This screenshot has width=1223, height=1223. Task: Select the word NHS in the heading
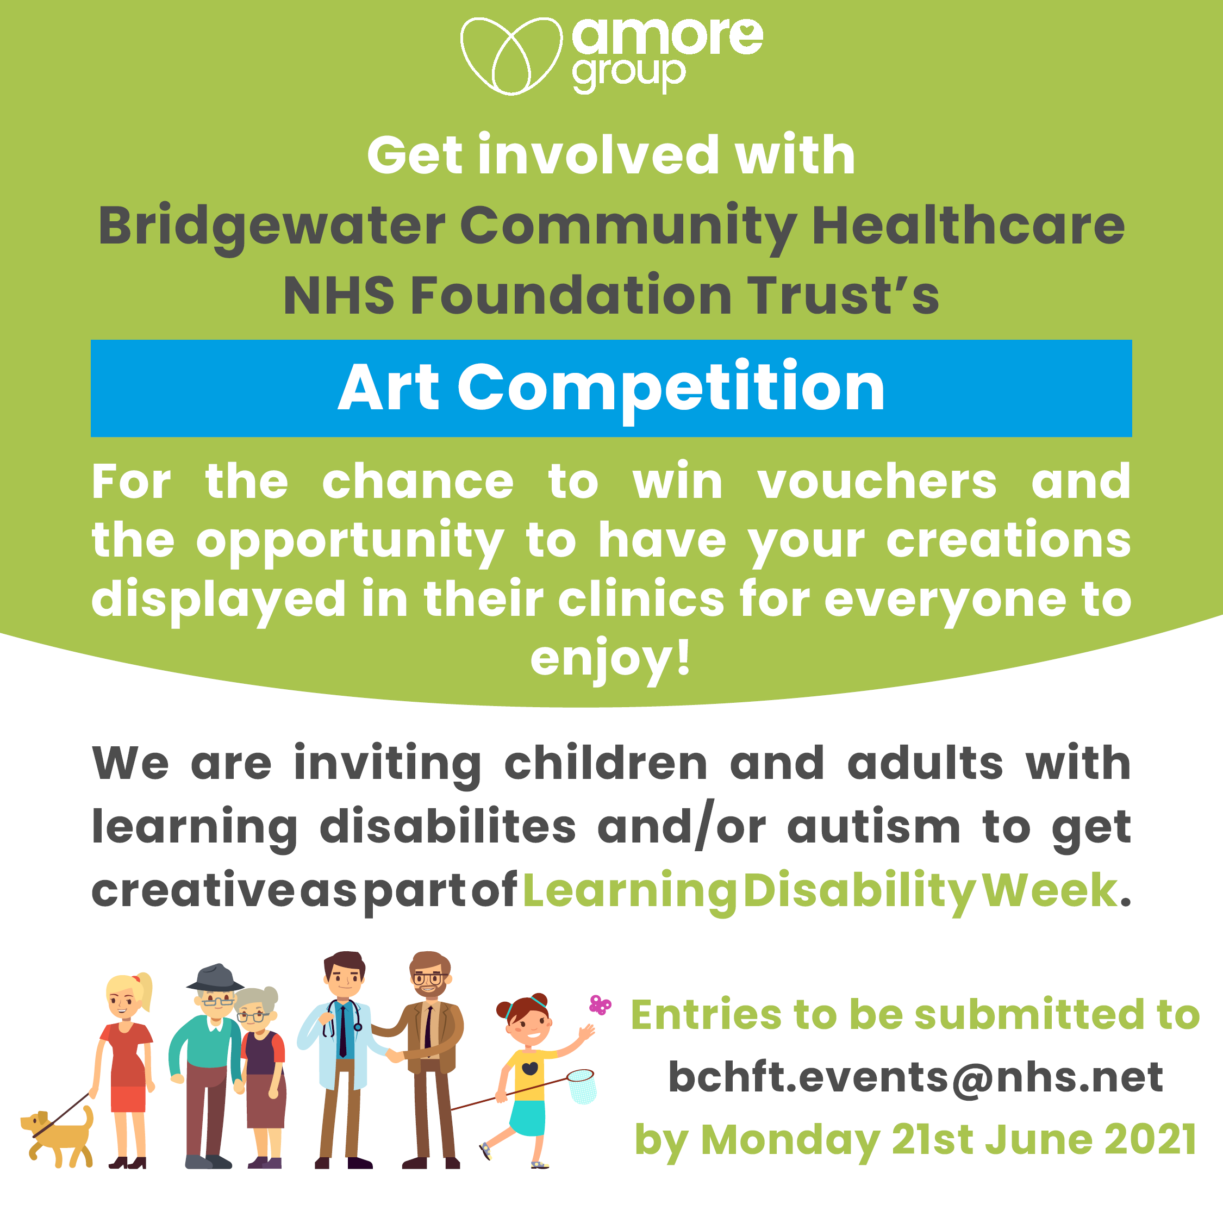coord(339,296)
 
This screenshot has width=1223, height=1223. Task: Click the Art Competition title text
coord(611,388)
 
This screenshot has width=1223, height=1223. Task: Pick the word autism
coord(873,827)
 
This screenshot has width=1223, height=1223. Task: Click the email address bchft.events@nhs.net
coord(915,1077)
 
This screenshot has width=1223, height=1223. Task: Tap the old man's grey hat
coord(215,978)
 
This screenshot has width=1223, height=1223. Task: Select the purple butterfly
coord(600,1004)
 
